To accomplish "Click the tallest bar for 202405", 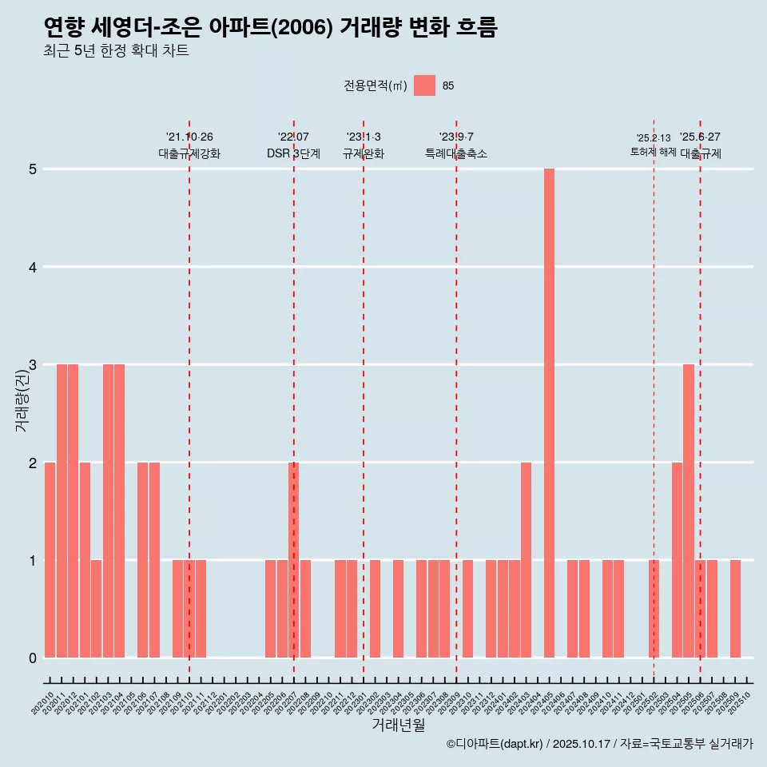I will click(x=549, y=413).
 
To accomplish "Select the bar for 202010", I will click(x=50, y=560).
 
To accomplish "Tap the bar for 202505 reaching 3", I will click(x=689, y=511).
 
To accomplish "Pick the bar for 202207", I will click(x=293, y=560).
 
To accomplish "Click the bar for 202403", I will click(x=526, y=560).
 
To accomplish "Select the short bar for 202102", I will click(x=96, y=609).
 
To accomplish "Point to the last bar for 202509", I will click(x=735, y=609).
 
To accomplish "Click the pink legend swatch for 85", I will click(x=424, y=85).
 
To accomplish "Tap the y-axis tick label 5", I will click(x=34, y=169).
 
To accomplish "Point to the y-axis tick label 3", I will click(x=34, y=365).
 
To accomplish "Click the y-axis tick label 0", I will click(x=34, y=658).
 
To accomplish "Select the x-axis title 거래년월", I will click(x=398, y=725).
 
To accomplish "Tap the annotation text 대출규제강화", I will click(x=189, y=153).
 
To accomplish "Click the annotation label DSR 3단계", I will click(x=293, y=153).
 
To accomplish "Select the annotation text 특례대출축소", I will click(x=456, y=153).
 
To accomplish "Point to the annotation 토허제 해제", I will click(x=654, y=152).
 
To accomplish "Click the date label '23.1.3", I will click(x=364, y=137).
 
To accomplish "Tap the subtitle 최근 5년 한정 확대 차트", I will click(x=117, y=51).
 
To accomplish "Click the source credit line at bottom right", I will click(x=599, y=744).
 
